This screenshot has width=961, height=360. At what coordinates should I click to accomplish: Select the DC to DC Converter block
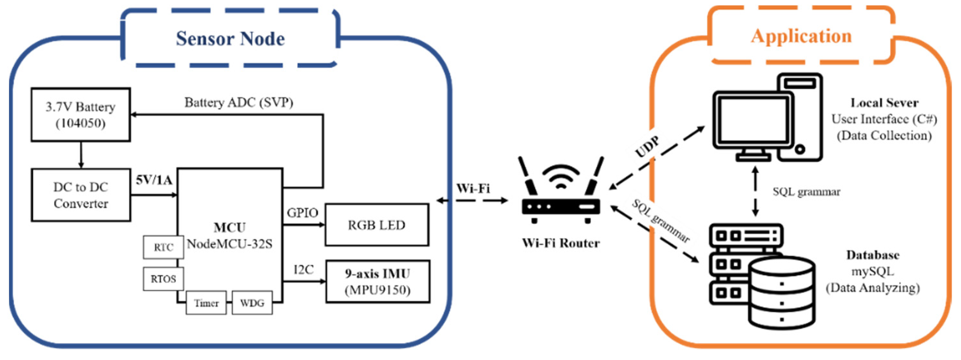click(x=81, y=195)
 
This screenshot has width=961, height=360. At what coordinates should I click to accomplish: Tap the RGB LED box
click(x=377, y=225)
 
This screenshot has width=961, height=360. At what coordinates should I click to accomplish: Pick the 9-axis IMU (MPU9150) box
click(x=378, y=281)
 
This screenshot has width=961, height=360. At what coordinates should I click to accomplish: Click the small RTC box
click(x=163, y=247)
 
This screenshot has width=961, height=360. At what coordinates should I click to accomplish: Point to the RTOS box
click(x=163, y=279)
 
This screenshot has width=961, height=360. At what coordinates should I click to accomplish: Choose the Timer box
click(x=206, y=303)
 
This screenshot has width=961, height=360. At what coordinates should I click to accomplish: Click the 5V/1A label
click(x=154, y=180)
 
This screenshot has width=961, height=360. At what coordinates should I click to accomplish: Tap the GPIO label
click(x=302, y=213)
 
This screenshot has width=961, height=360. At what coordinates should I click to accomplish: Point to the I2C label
click(x=303, y=269)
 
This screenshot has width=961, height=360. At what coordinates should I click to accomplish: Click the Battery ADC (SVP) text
click(x=239, y=102)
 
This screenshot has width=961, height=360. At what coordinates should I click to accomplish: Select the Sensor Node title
click(x=230, y=38)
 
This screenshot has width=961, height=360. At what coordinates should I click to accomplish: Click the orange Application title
click(x=801, y=36)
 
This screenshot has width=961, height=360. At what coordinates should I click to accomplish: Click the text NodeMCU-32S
click(x=229, y=244)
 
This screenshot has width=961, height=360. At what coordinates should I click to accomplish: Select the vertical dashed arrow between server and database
click(x=755, y=191)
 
